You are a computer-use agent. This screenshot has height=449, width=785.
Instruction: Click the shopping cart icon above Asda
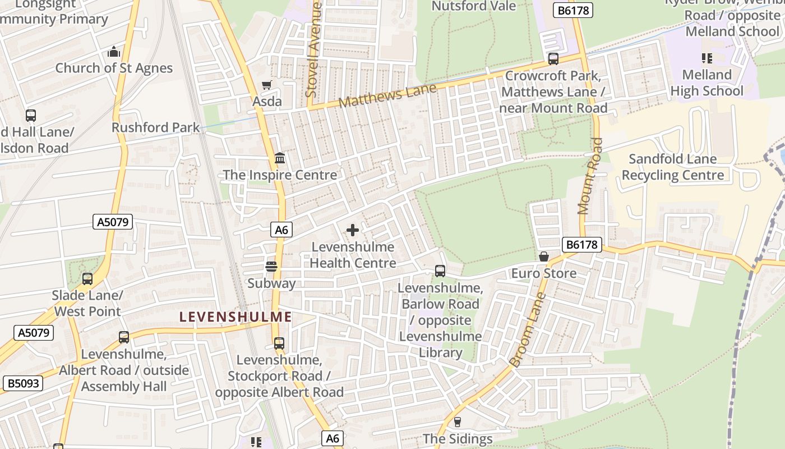coord(267,85)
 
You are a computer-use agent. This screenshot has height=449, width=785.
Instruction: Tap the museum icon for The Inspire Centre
coord(280,159)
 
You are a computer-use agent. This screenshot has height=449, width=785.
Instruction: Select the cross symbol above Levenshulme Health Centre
coord(353,230)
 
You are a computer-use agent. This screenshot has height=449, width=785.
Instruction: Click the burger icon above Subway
coord(271,266)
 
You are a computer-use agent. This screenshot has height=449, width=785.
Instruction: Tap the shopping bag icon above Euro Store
coord(543,256)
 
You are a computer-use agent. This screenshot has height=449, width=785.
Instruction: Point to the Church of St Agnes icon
coord(114,52)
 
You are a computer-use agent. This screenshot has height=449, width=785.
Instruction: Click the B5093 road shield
coord(23,383)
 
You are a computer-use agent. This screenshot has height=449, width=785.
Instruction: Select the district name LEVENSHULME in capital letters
coord(235,317)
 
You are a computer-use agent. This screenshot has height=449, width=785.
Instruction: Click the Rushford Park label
coord(155,127)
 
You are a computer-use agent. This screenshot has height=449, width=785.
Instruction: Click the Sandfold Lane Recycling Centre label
coord(672,167)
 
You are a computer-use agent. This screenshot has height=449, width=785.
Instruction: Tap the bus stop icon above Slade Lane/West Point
coord(87,279)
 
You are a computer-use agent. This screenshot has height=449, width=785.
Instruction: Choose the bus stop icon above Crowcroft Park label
coord(553,59)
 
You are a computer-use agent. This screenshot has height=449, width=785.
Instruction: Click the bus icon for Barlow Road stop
coord(440,271)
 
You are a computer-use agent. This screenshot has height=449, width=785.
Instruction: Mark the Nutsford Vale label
coord(474,6)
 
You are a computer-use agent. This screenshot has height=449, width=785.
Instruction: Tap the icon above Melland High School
coord(706,58)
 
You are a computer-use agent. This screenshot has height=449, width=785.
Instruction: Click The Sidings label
coord(458,439)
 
